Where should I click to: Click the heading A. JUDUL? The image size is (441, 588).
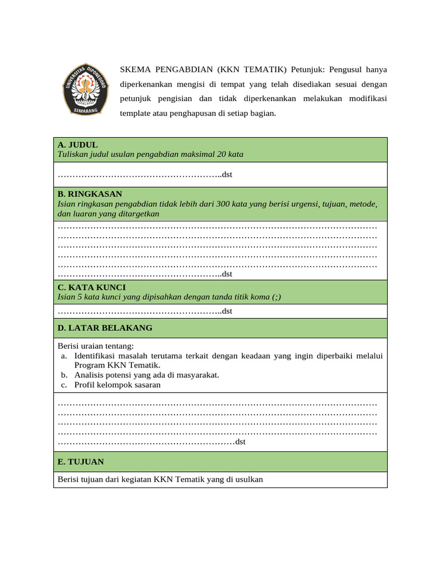(x=78, y=145)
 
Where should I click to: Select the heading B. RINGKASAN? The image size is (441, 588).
(x=90, y=194)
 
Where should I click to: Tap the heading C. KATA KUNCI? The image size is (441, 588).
(x=91, y=287)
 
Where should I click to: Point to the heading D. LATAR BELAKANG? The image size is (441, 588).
(x=105, y=328)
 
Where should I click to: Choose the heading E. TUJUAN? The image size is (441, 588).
(x=80, y=462)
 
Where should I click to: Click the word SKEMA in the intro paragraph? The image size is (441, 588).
(x=134, y=69)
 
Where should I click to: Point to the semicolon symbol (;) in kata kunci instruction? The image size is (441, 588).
(x=277, y=297)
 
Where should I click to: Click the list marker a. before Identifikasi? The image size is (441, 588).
(x=64, y=356)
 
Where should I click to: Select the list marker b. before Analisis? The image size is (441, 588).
(x=64, y=375)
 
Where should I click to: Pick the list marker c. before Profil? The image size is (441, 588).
(x=64, y=385)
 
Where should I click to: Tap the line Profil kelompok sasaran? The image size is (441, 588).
(x=117, y=385)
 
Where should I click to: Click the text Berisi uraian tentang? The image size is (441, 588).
(x=95, y=346)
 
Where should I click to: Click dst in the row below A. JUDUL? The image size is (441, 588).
(x=227, y=175)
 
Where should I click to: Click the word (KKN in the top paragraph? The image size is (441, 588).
(x=230, y=69)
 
